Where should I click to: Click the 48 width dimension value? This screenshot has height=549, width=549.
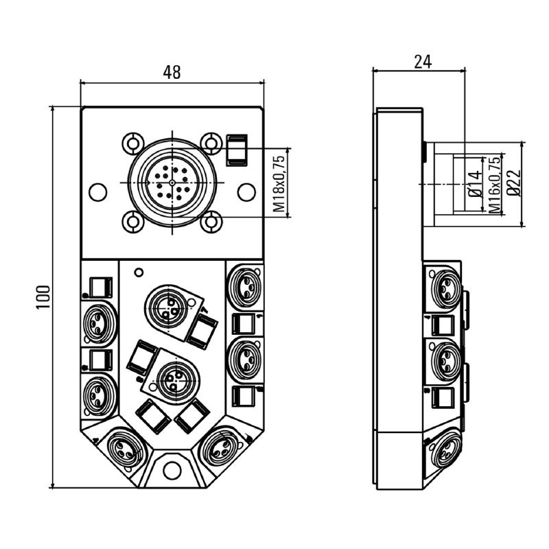pos(172,72)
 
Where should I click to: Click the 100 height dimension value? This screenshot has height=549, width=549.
pos(43,296)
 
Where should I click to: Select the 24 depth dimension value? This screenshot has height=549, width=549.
pos(423,61)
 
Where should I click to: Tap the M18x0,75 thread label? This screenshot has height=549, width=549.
pos(279,183)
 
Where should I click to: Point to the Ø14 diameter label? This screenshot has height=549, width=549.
pos(474,185)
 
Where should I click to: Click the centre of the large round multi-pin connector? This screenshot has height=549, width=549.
pos(172,182)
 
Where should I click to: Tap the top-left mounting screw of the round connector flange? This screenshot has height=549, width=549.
pos(132,143)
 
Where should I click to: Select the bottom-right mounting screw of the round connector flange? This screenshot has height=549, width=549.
pos(211,221)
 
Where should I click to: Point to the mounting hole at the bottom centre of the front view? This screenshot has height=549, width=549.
pos(172,471)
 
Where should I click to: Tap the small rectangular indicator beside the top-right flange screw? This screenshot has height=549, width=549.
pos(235,150)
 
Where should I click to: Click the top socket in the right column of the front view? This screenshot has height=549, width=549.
pos(244,285)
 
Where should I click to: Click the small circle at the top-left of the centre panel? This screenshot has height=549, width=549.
pos(139,272)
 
